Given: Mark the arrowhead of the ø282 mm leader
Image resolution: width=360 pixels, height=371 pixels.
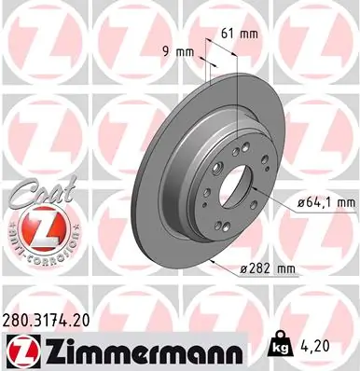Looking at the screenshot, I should coord(215,263).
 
